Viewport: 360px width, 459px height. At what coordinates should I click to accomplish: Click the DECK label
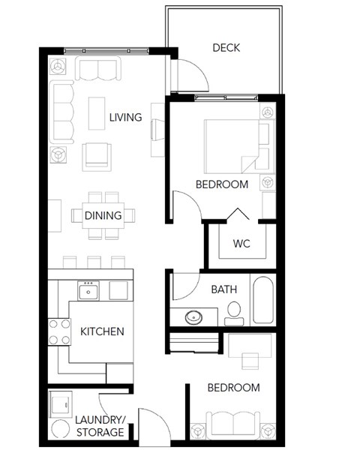(226, 48)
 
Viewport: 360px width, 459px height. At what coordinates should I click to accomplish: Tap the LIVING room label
(125, 118)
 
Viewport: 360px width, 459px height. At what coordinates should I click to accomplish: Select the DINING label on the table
(103, 216)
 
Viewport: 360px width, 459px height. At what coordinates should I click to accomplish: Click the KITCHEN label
(102, 331)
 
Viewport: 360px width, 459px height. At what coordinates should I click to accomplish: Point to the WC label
(241, 244)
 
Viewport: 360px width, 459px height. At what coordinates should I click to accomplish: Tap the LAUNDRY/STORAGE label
(99, 426)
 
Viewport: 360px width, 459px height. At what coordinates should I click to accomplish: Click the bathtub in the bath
(263, 300)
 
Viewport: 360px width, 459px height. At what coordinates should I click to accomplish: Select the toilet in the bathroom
(234, 312)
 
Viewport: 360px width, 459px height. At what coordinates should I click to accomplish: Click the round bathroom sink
(193, 316)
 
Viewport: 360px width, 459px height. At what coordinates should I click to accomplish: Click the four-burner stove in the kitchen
(59, 331)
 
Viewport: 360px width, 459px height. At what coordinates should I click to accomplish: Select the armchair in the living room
(97, 155)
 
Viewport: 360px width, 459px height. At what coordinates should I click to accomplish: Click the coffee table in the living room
(97, 113)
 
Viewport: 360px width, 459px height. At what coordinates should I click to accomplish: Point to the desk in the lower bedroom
(250, 349)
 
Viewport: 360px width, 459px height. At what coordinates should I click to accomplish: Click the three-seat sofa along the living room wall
(62, 112)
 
